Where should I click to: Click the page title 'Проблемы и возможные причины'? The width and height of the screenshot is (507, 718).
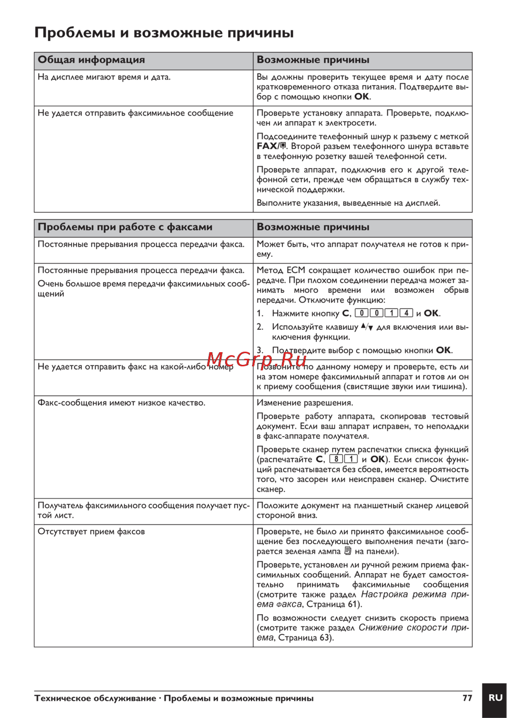pyautogui.click(x=164, y=33)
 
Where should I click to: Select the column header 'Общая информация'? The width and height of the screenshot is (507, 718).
pyautogui.click(x=91, y=60)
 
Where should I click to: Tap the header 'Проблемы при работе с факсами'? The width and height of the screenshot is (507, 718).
pyautogui.click(x=125, y=227)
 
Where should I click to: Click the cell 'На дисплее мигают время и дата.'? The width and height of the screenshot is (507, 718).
pyautogui.click(x=104, y=77)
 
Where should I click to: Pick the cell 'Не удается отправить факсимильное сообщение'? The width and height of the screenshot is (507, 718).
pyautogui.click(x=135, y=113)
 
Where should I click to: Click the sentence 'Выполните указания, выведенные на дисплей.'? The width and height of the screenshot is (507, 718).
pyautogui.click(x=348, y=203)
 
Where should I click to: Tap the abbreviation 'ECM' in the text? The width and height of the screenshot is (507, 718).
pyautogui.click(x=296, y=271)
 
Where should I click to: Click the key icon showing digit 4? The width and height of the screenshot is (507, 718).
pyautogui.click(x=407, y=313)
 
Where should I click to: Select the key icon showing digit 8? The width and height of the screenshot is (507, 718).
pyautogui.click(x=336, y=459)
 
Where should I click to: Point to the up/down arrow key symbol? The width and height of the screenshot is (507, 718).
pyautogui.click(x=367, y=327)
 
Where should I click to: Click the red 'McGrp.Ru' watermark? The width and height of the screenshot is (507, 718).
pyautogui.click(x=257, y=359)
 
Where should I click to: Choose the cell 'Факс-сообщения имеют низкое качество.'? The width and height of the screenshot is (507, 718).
pyautogui.click(x=121, y=403)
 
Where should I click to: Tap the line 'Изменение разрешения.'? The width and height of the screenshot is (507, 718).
pyautogui.click(x=305, y=403)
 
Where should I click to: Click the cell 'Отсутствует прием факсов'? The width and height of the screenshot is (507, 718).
pyautogui.click(x=91, y=532)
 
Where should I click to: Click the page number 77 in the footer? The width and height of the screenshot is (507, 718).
pyautogui.click(x=467, y=698)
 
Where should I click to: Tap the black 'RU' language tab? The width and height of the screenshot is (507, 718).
pyautogui.click(x=495, y=698)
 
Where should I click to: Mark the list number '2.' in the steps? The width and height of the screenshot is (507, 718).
pyautogui.click(x=260, y=327)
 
